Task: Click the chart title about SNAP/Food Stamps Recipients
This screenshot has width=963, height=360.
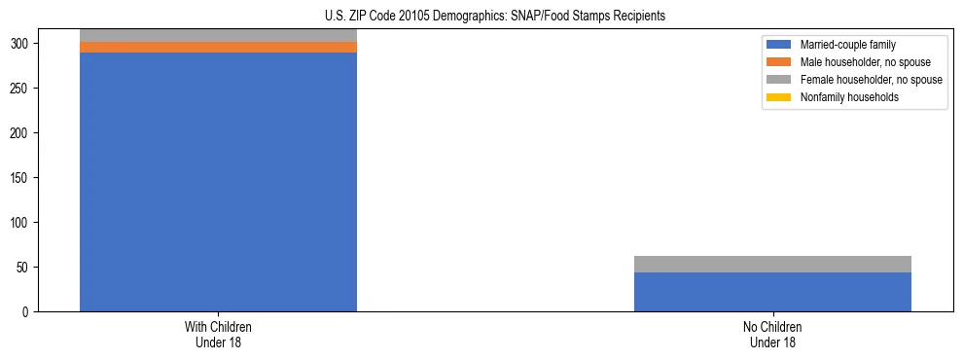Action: [495, 16]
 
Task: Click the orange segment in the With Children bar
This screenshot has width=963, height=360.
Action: [218, 47]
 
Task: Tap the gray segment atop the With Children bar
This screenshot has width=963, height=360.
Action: [218, 35]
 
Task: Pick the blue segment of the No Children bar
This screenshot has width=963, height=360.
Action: [772, 292]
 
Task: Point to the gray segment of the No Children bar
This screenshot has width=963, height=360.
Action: [772, 264]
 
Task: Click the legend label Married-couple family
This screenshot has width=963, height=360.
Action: [848, 45]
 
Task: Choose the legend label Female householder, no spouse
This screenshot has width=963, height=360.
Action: [871, 80]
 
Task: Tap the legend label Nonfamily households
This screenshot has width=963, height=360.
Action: [849, 97]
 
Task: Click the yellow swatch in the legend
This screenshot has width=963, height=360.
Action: [779, 97]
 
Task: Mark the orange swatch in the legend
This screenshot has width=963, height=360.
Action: [779, 62]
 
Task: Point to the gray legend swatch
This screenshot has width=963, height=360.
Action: [779, 80]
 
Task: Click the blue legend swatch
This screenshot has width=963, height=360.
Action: [779, 45]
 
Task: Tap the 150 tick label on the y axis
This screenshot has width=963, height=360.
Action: [23, 178]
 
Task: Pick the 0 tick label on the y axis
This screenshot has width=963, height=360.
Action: [29, 312]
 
